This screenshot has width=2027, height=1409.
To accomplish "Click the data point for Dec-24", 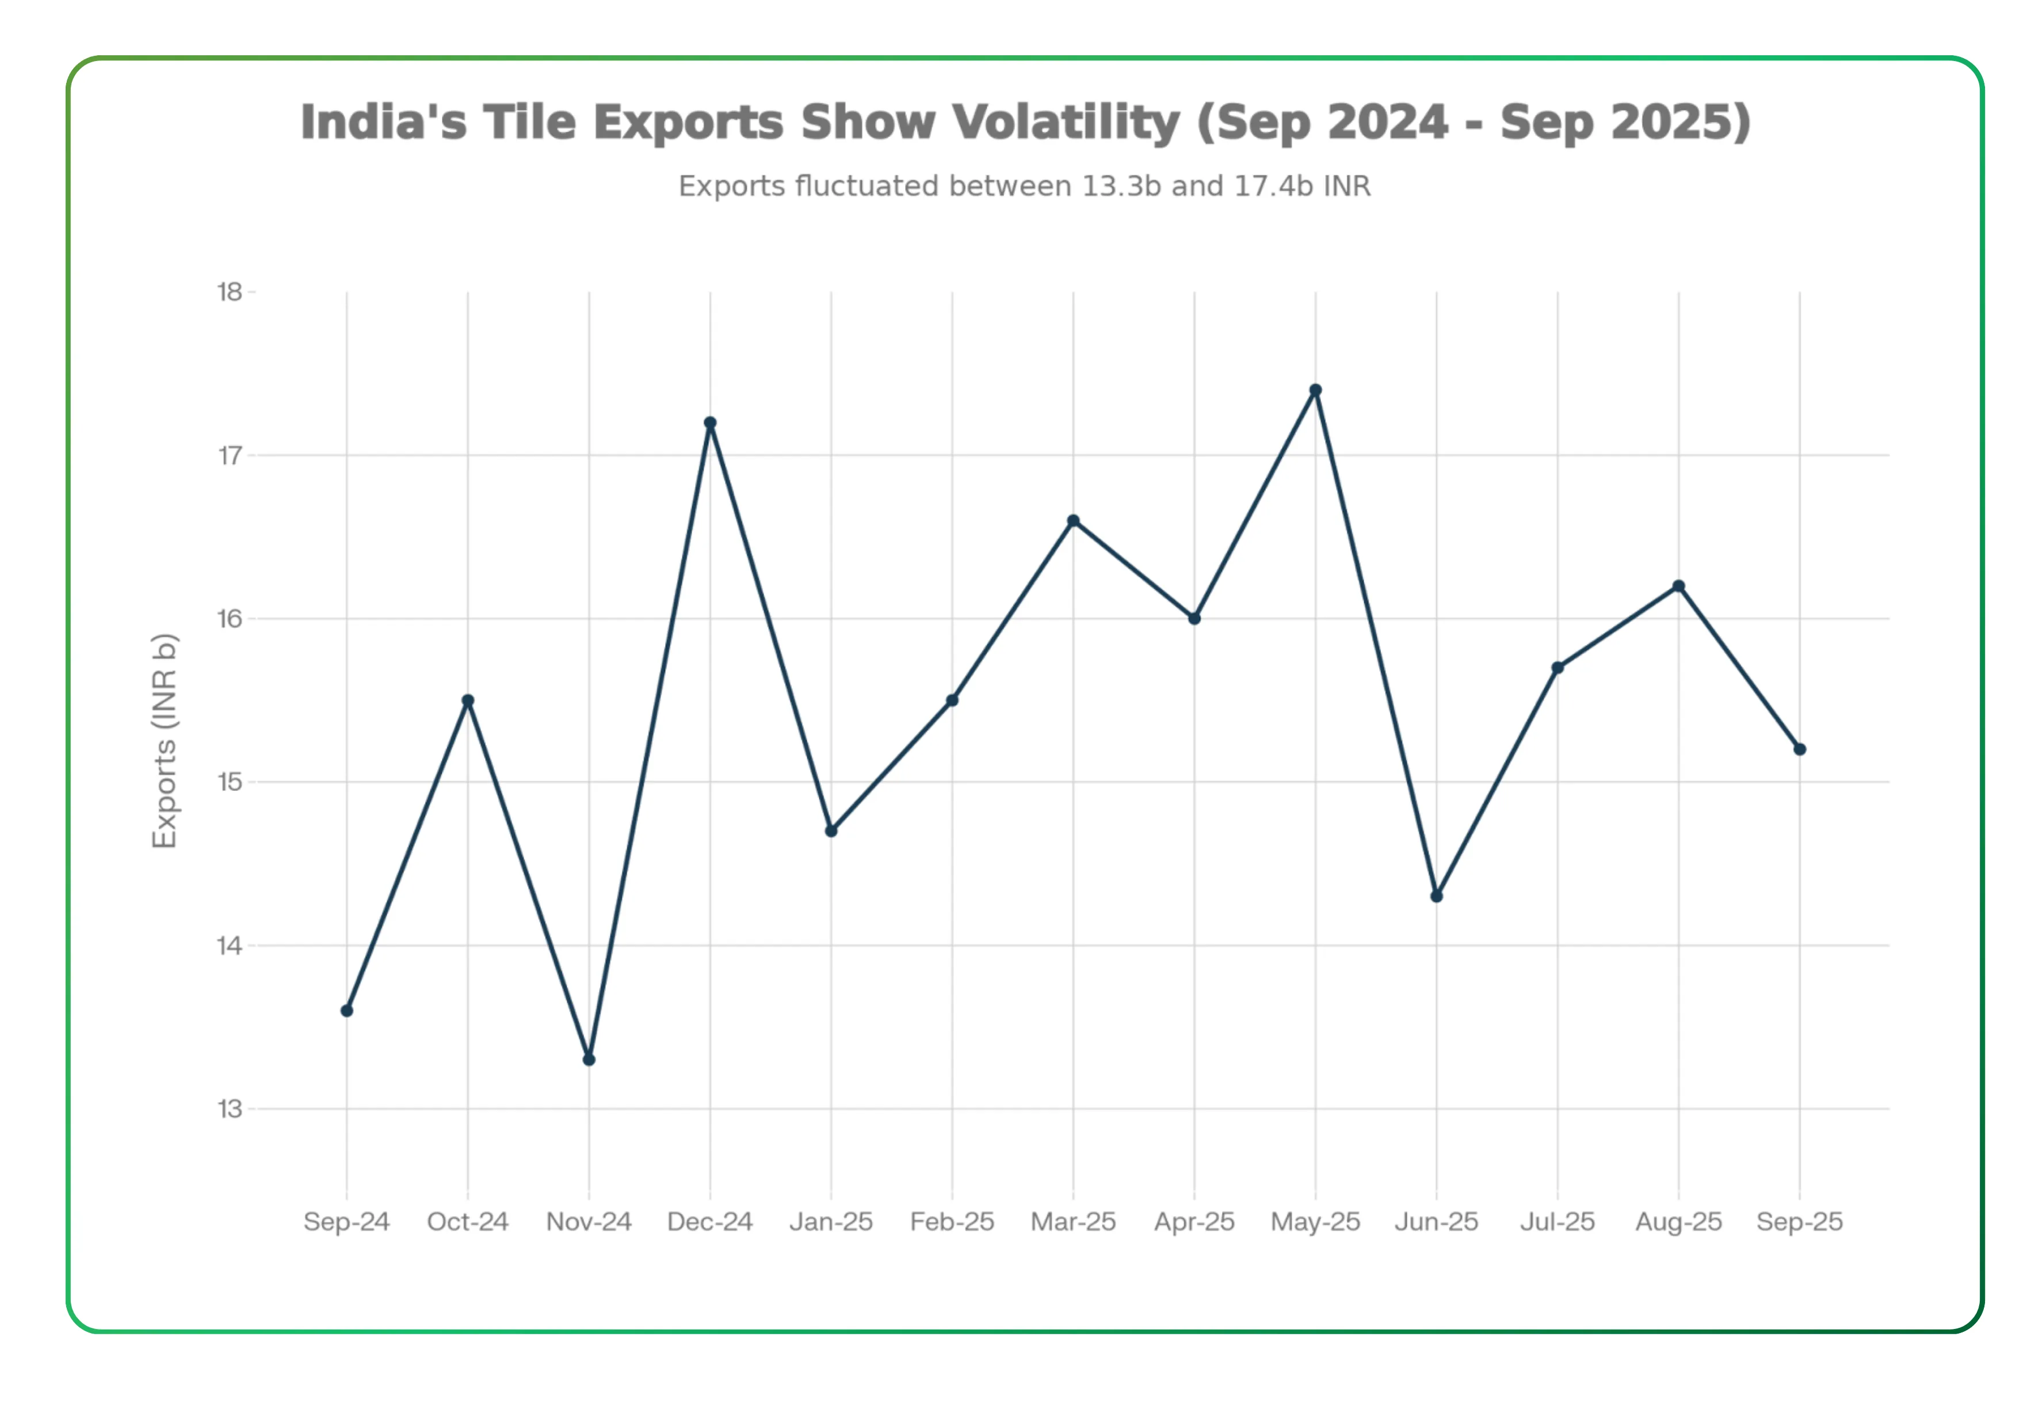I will pyautogui.click(x=709, y=423).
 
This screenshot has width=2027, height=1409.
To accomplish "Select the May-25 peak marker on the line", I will pyautogui.click(x=1315, y=390).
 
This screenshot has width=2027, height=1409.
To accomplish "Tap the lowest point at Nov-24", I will pyautogui.click(x=589, y=1060).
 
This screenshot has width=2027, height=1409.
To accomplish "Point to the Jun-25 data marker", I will pyautogui.click(x=1436, y=896).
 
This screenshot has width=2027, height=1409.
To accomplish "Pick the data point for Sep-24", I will pyautogui.click(x=347, y=1011).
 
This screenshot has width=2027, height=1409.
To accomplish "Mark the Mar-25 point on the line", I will pyautogui.click(x=1073, y=521).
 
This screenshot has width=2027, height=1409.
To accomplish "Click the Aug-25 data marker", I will pyautogui.click(x=1678, y=586).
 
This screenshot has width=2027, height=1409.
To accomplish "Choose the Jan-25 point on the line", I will pyautogui.click(x=830, y=831).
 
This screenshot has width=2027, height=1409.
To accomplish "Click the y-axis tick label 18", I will pyautogui.click(x=230, y=292).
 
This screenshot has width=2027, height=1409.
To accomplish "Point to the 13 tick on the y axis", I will pyautogui.click(x=230, y=1109).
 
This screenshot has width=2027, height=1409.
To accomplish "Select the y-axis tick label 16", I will pyautogui.click(x=230, y=619).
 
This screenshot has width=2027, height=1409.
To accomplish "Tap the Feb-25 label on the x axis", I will pyautogui.click(x=951, y=1222).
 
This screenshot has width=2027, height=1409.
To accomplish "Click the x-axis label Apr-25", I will pyautogui.click(x=1194, y=1222).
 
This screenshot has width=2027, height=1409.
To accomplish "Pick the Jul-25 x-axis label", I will pyautogui.click(x=1557, y=1222).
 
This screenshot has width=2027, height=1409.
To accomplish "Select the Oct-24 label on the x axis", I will pyautogui.click(x=468, y=1222).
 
